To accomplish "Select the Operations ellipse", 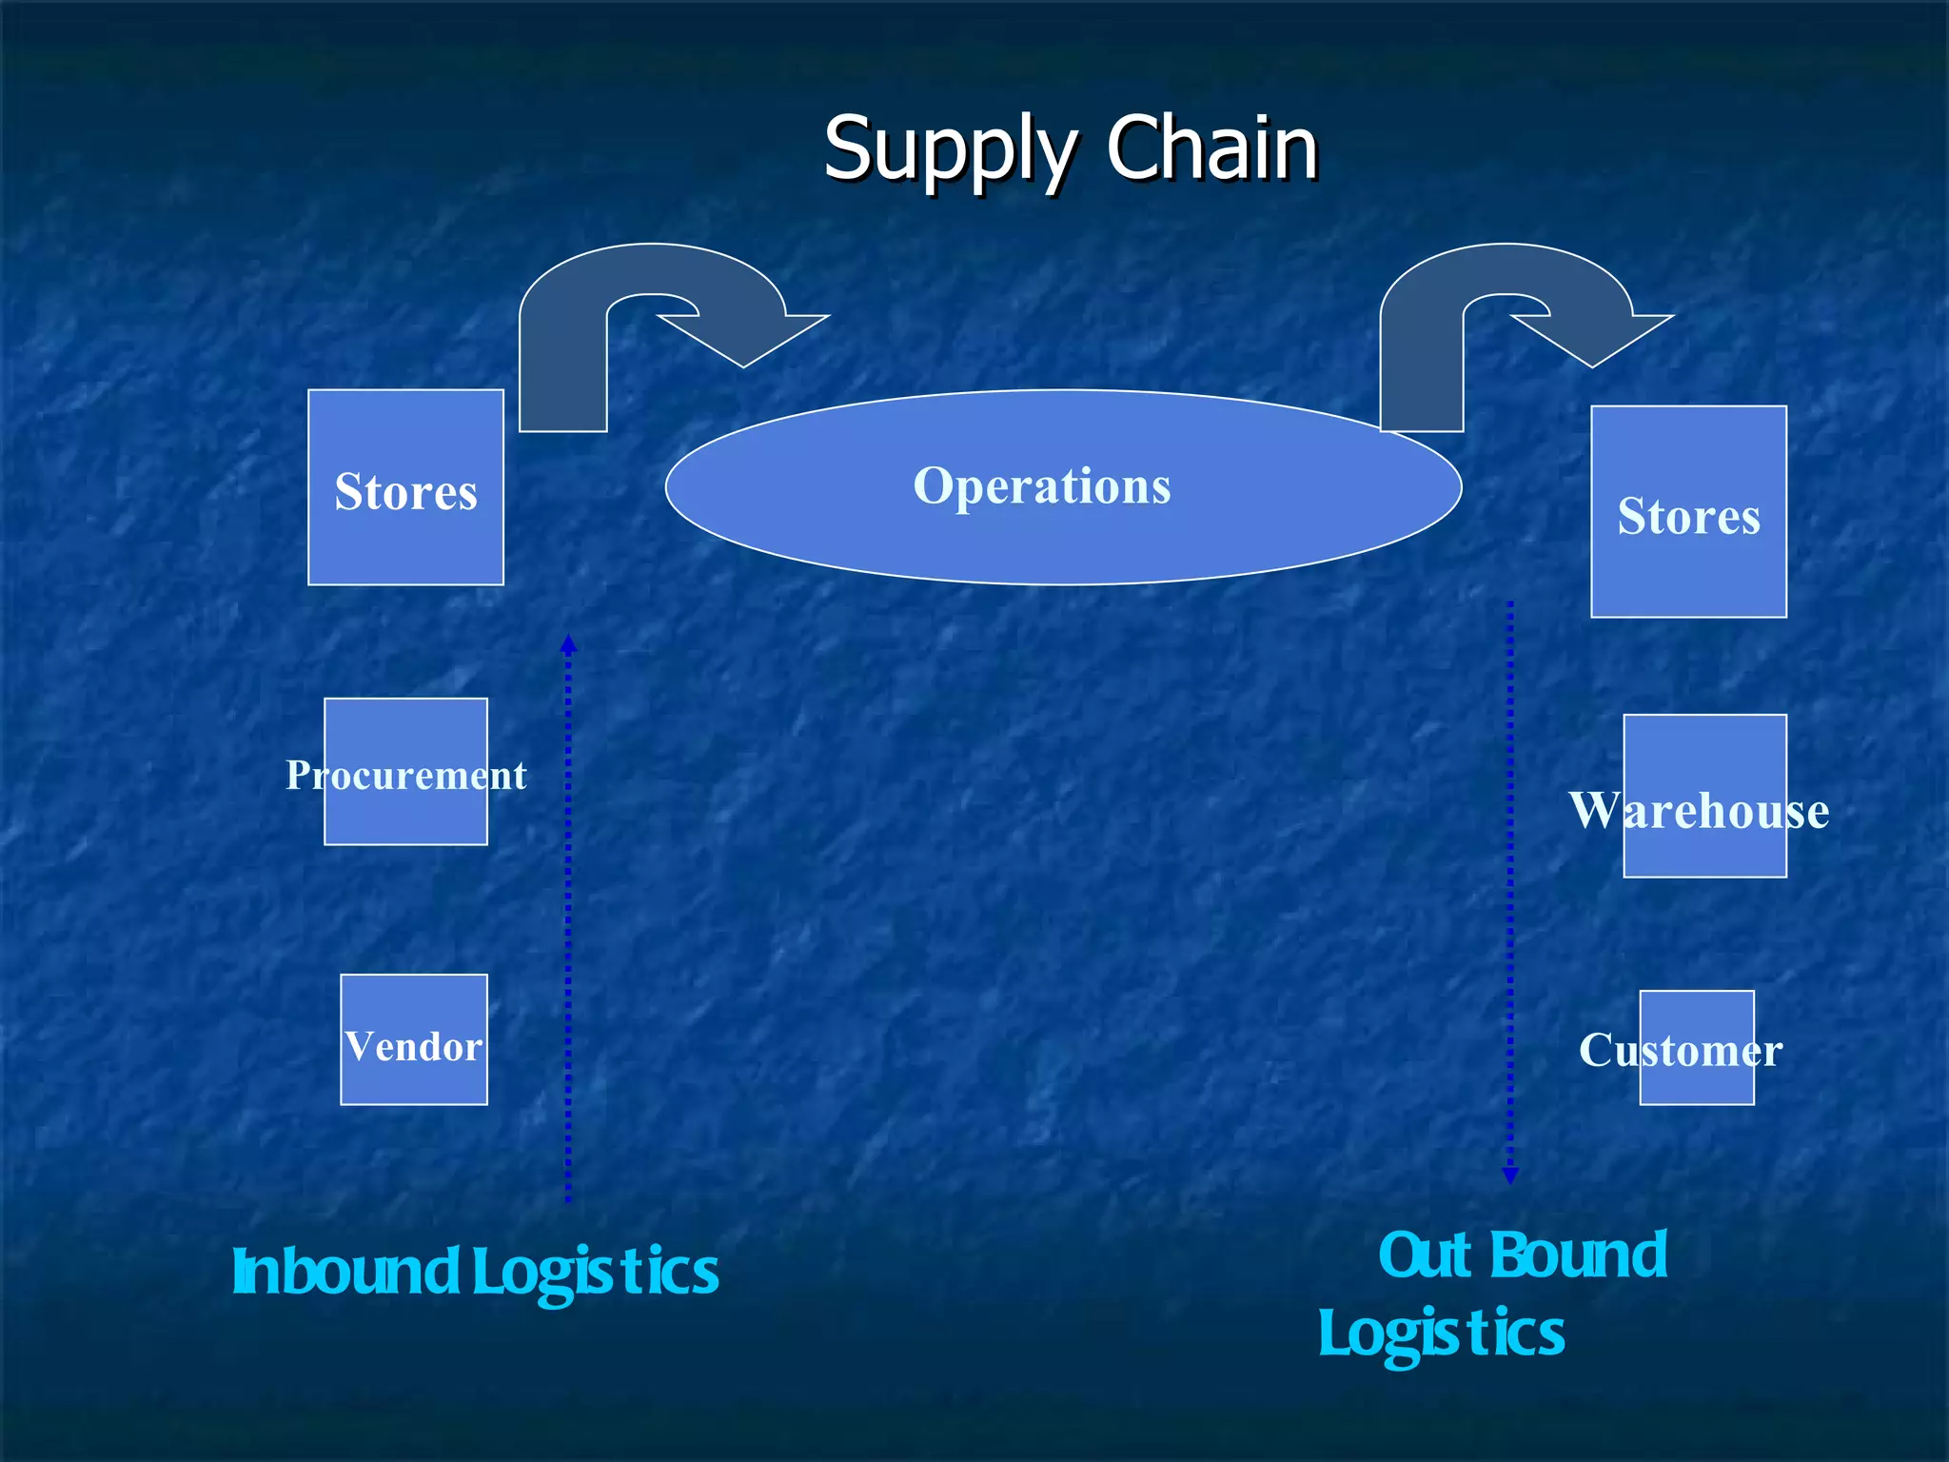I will point(1063,487).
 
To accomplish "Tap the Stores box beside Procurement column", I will point(405,487).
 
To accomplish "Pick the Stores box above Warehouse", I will point(1688,512).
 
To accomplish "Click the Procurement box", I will point(405,772).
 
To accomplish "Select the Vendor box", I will point(414,1039).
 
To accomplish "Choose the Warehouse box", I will point(1704,796).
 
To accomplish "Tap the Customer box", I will point(1696,1047).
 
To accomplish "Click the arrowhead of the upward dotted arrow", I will point(568,643).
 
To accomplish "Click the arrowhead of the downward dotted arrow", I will point(1509,1176).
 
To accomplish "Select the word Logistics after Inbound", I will point(596,1274).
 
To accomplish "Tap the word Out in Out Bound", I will point(1425,1255).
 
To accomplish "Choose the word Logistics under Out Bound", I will point(1441,1334).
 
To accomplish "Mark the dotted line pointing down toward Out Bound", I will point(1509,885).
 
